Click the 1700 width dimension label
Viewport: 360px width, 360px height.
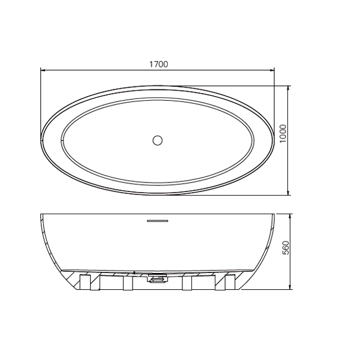[158, 63]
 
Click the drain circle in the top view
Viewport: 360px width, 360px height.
[158, 140]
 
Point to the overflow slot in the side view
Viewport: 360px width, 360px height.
[158, 221]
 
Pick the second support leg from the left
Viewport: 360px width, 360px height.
[127, 282]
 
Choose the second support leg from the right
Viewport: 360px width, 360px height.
[187, 282]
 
